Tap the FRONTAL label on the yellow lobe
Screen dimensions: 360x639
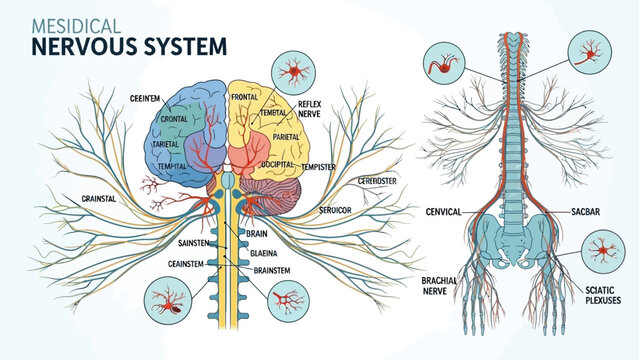click(x=244, y=98)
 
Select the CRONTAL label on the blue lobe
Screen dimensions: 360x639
click(x=175, y=119)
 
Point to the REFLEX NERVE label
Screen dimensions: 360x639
click(x=310, y=109)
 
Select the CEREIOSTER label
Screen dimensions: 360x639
click(x=378, y=181)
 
